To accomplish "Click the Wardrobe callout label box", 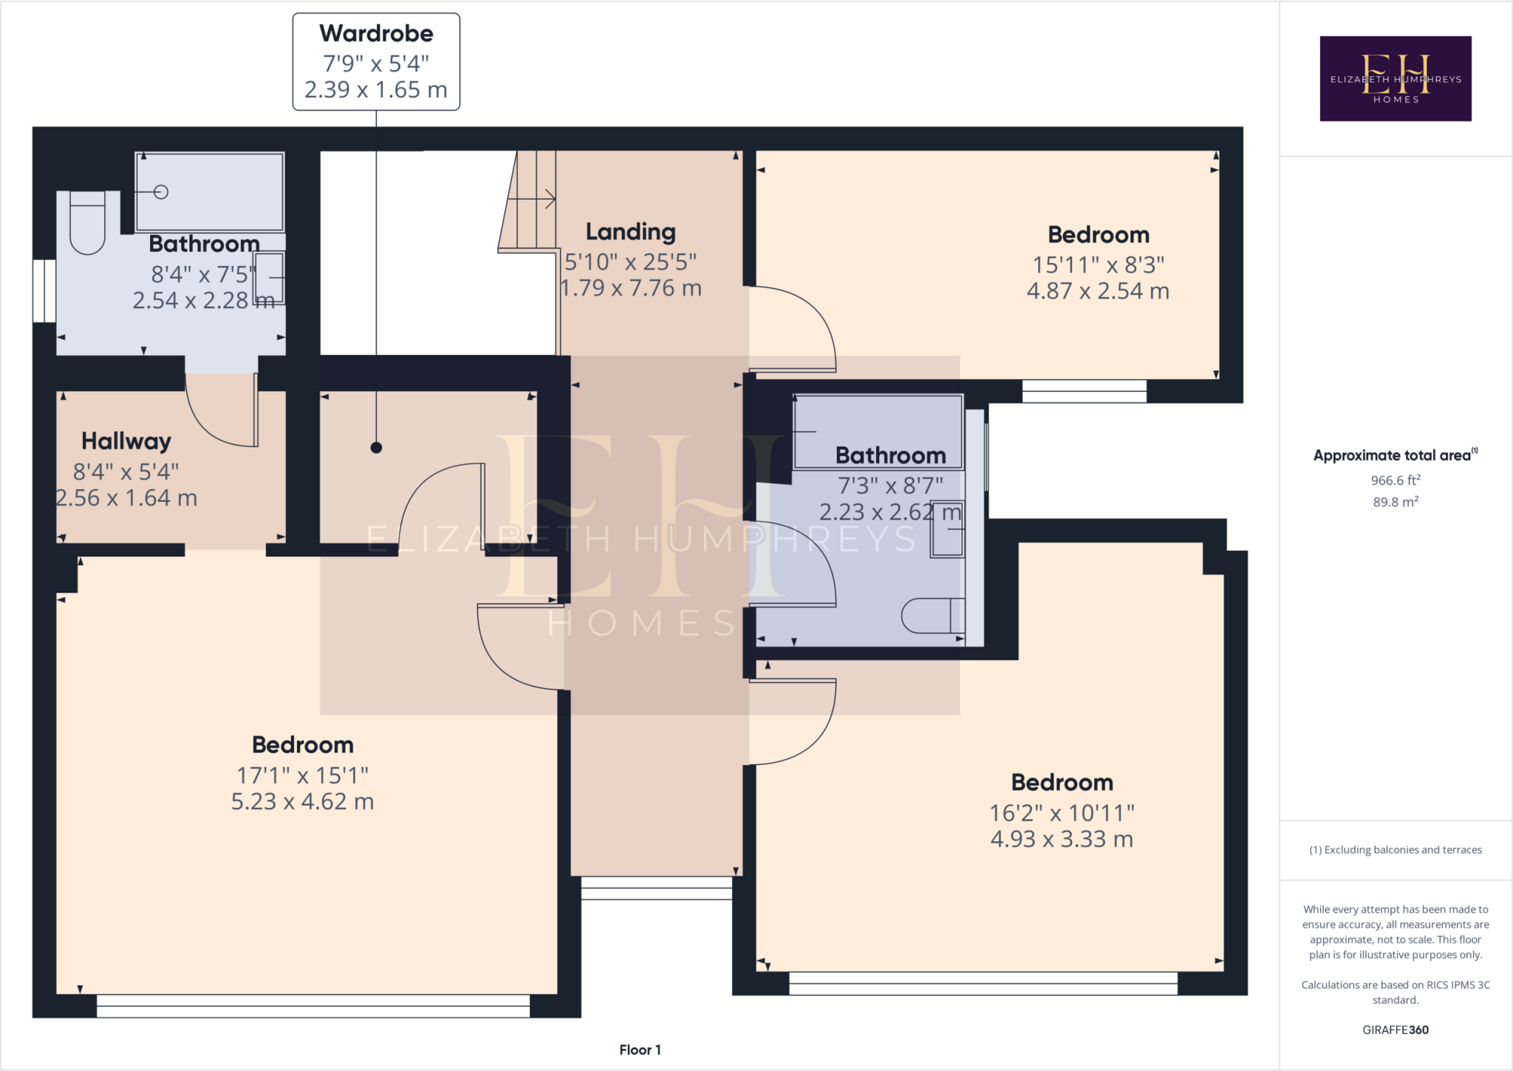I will pyautogui.click(x=376, y=62).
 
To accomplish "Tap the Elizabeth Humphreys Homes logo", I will pyautogui.click(x=1395, y=78).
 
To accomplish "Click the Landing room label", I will pyautogui.click(x=630, y=232).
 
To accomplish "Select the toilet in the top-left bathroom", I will pyautogui.click(x=87, y=222).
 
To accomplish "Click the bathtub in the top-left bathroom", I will pyautogui.click(x=210, y=192).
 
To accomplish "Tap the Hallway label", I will pyautogui.click(x=126, y=441).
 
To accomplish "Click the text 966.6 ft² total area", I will pyautogui.click(x=1395, y=480).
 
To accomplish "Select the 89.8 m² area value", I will pyautogui.click(x=1395, y=502).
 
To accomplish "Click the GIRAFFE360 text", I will pyautogui.click(x=1395, y=1030).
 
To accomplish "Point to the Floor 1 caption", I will pyautogui.click(x=640, y=1050).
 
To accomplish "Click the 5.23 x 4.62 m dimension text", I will pyautogui.click(x=302, y=802).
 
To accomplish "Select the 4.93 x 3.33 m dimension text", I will pyautogui.click(x=1061, y=840).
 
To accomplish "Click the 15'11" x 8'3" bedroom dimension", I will pyautogui.click(x=1098, y=265).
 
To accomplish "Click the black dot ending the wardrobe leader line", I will pyautogui.click(x=376, y=447).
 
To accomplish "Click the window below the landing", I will pyautogui.click(x=656, y=888).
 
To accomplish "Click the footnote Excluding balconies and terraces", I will pyautogui.click(x=1395, y=850).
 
